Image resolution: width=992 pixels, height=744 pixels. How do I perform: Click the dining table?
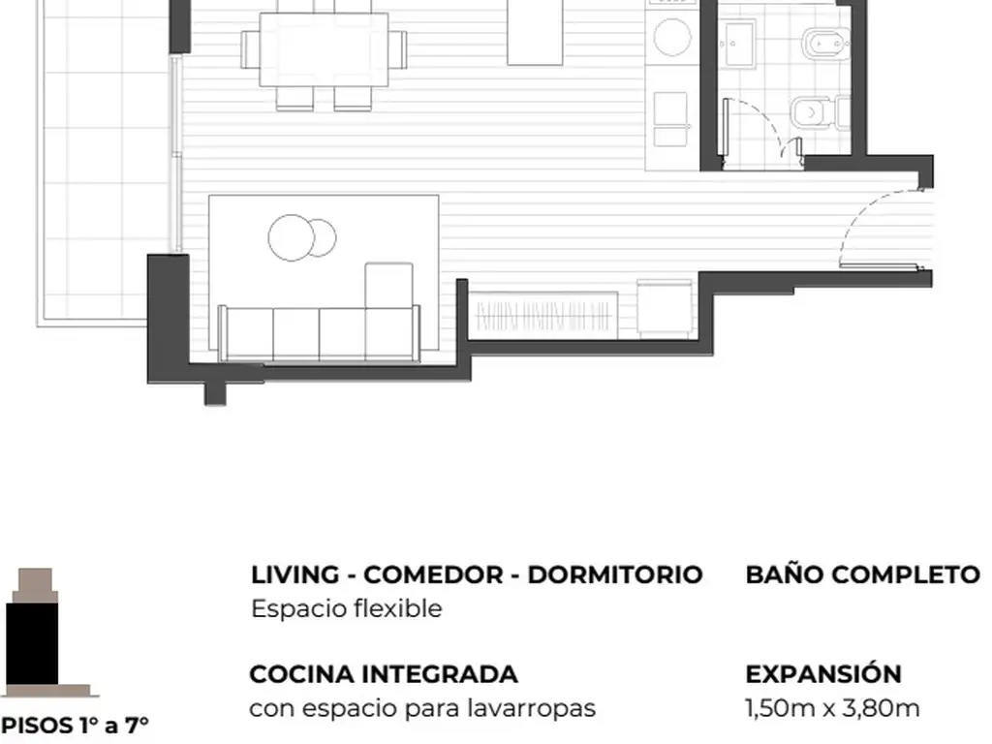[324, 49]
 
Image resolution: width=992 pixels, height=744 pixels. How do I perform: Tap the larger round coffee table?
[291, 238]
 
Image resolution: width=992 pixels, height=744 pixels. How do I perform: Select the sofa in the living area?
[319, 332]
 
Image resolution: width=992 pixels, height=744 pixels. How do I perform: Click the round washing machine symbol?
[672, 37]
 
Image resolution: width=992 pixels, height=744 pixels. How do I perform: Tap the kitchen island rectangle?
[535, 32]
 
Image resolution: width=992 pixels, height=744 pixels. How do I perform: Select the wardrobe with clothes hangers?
[544, 316]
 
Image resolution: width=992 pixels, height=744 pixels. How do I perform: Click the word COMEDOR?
[437, 574]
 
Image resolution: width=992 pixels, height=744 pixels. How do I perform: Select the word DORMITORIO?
[615, 574]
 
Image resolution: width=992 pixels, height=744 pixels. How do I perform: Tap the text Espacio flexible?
[347, 608]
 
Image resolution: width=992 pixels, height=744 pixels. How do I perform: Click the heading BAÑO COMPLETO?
[863, 574]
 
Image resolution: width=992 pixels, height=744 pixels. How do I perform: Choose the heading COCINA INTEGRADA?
[384, 674]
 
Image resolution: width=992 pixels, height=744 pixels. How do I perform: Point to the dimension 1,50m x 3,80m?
[832, 708]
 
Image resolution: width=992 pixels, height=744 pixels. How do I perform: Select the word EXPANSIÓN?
[823, 673]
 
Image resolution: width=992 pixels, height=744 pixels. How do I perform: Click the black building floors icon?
[32, 643]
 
